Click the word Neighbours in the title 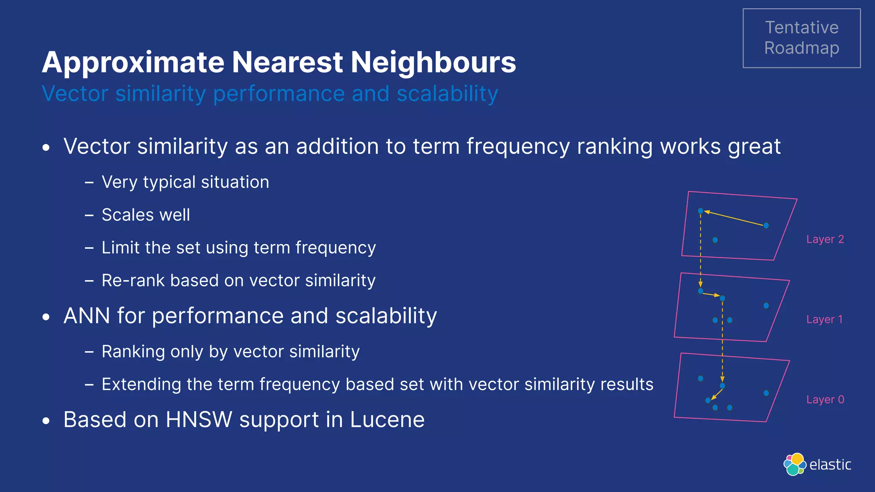pyautogui.click(x=433, y=62)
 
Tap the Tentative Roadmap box pyautogui.click(x=802, y=38)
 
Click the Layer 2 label pyautogui.click(x=825, y=239)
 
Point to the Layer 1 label pyautogui.click(x=824, y=319)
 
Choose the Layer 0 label pyautogui.click(x=825, y=400)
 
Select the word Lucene pyautogui.click(x=387, y=419)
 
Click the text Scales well pyautogui.click(x=146, y=215)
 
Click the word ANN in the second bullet pyautogui.click(x=87, y=316)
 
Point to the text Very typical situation pyautogui.click(x=185, y=182)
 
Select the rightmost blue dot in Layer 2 pyautogui.click(x=766, y=225)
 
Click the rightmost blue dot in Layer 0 pyautogui.click(x=766, y=393)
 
